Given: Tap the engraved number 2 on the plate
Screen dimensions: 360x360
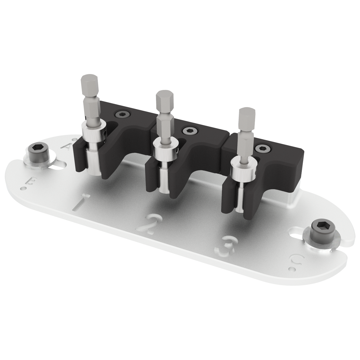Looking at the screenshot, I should [149, 224].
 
